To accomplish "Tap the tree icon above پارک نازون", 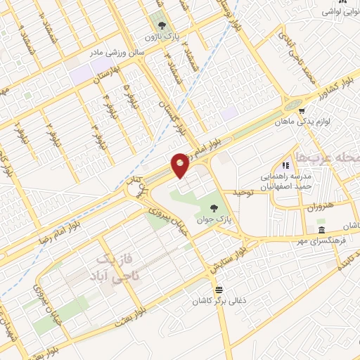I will pos(163,20).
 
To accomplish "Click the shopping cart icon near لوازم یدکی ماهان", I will pos(301,110).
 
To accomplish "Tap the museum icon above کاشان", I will pos(321,231).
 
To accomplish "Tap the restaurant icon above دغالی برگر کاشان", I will pos(219,290).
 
